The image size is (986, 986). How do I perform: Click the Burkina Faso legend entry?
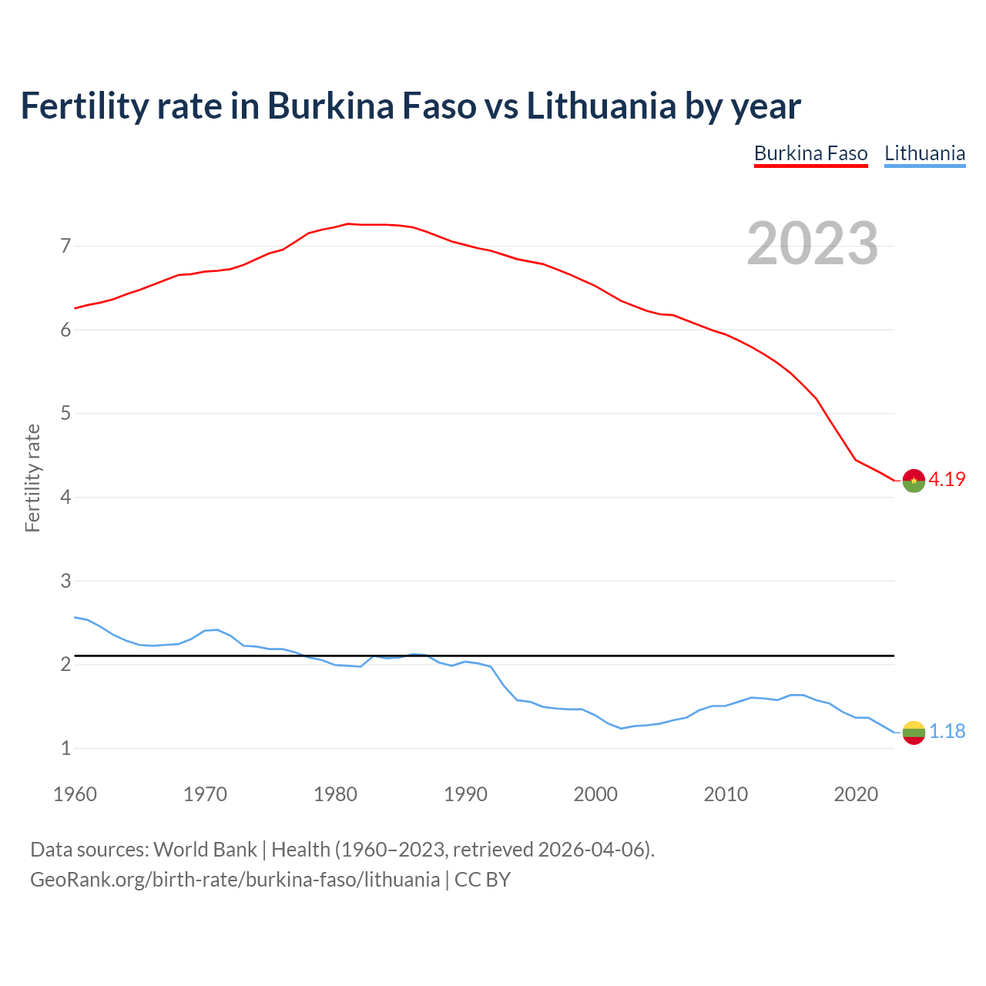point(810,153)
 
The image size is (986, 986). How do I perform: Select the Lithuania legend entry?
point(924,153)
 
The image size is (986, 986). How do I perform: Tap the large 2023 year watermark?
point(813,243)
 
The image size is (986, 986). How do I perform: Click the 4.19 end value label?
point(947,479)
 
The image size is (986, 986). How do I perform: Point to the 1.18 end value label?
point(947,731)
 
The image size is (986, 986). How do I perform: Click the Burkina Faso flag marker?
point(914,480)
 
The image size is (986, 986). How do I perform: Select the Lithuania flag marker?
point(914,733)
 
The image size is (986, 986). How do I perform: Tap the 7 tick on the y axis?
point(65,246)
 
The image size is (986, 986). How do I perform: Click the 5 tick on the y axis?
point(65,414)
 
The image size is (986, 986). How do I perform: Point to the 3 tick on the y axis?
point(65,581)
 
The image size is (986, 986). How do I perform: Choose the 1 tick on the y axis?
point(65,748)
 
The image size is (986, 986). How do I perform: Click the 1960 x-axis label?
point(75,794)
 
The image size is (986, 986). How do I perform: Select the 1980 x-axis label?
point(335,794)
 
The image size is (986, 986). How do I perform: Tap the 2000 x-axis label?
point(595,794)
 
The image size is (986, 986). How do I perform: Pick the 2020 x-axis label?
point(856,794)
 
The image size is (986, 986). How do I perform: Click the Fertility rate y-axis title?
point(32,478)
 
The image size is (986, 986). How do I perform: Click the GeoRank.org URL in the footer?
point(235,880)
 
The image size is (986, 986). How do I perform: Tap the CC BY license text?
point(482,880)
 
